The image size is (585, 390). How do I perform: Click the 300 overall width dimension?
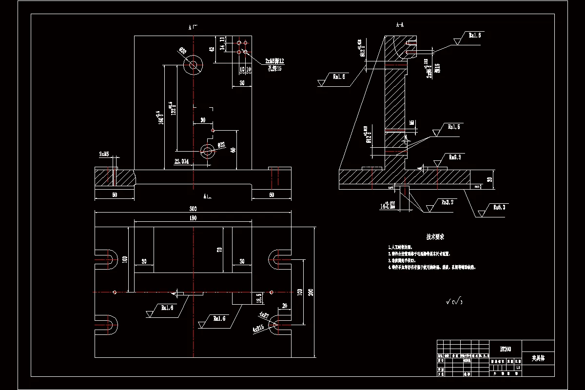click(x=194, y=208)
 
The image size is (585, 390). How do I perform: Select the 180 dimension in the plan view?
click(x=194, y=218)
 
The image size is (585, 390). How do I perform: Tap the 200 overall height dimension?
click(x=311, y=292)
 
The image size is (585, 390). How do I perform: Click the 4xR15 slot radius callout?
click(x=258, y=328)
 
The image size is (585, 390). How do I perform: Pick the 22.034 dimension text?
click(x=181, y=161)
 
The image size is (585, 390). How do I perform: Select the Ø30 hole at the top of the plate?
click(x=193, y=64)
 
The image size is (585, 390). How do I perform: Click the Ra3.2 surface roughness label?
click(x=448, y=201)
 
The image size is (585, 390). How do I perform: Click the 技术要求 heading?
click(x=435, y=236)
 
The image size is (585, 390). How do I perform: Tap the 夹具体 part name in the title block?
click(x=538, y=358)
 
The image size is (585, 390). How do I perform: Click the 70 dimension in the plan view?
click(x=220, y=250)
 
